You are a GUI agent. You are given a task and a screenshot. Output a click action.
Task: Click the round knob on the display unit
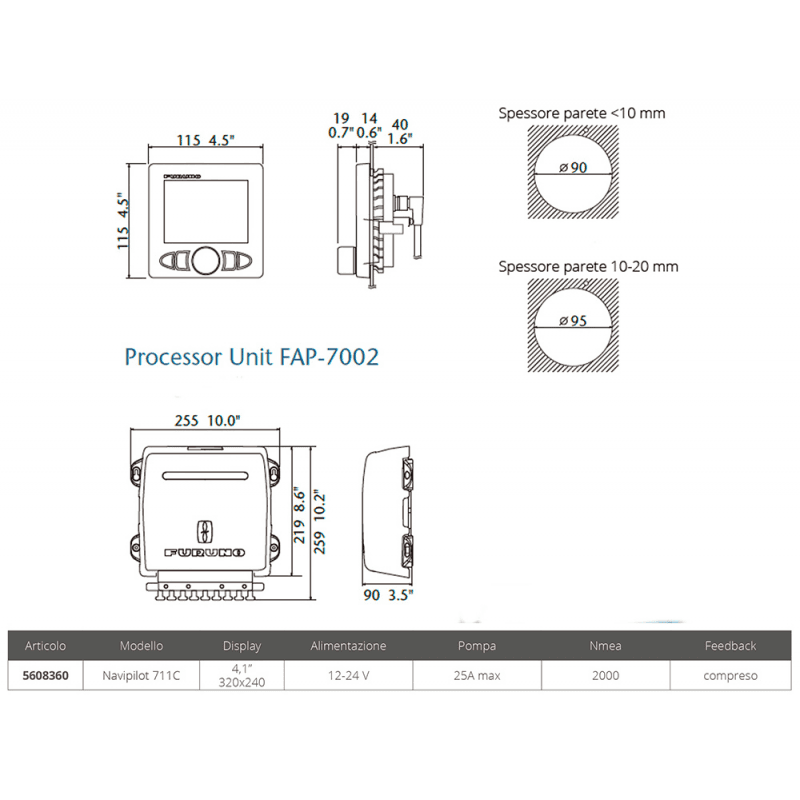206,261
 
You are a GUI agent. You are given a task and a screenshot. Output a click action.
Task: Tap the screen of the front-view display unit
206,211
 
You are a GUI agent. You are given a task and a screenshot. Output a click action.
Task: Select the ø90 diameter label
573,167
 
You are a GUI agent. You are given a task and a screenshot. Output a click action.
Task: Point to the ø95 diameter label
573,321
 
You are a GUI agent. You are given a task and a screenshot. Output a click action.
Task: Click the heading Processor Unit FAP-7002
252,357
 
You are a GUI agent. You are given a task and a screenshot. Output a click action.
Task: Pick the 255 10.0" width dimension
207,420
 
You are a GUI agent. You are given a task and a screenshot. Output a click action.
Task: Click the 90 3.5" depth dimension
388,595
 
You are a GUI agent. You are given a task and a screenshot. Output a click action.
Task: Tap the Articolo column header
45,645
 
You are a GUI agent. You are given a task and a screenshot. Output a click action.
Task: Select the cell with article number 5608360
45,676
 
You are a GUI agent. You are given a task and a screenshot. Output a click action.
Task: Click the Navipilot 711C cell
141,676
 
